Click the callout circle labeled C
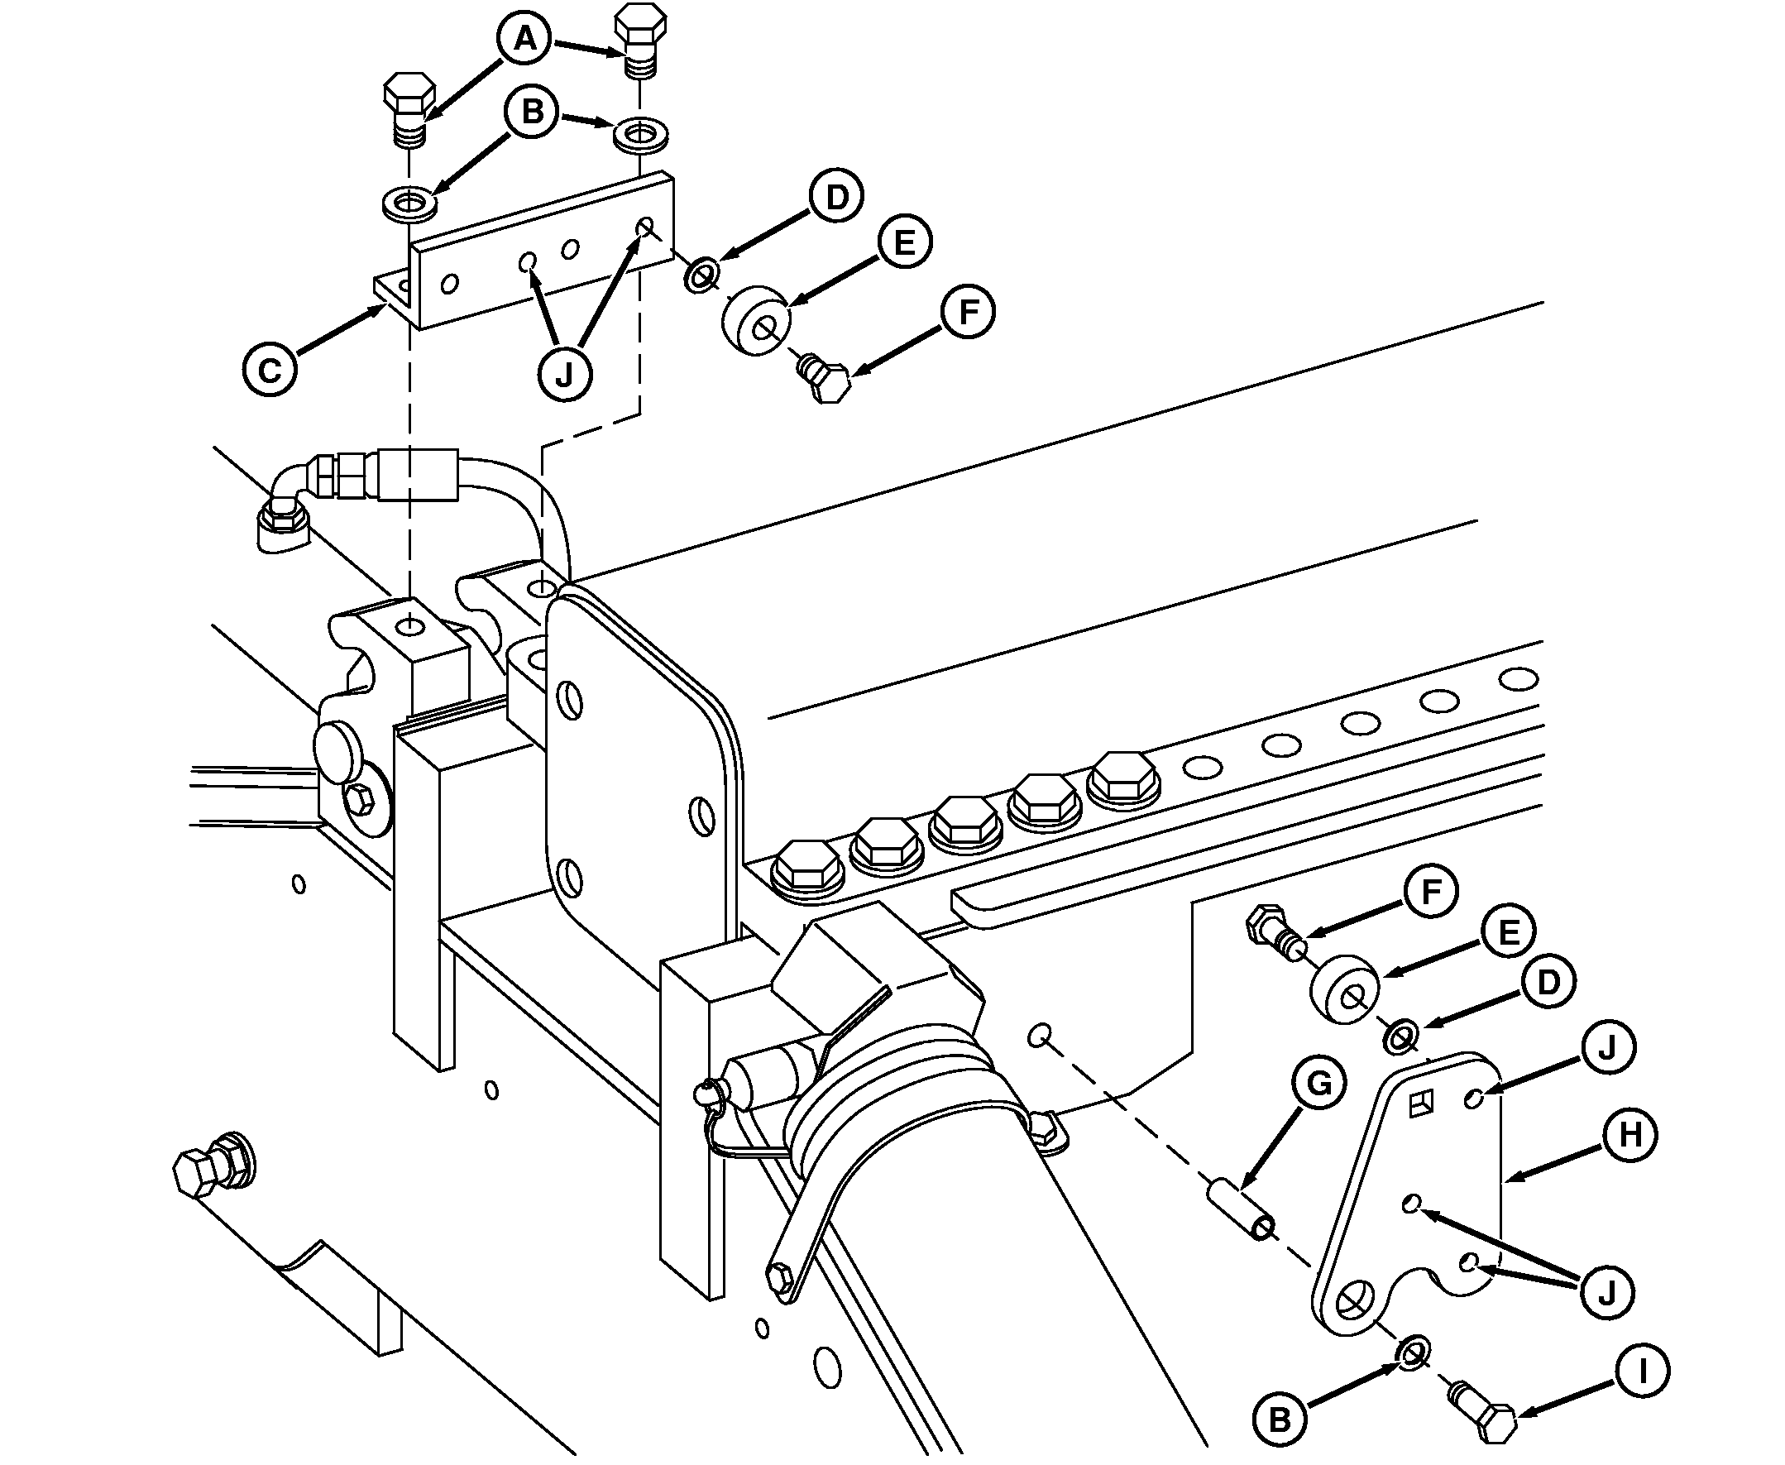click(x=269, y=369)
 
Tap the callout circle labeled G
click(x=1318, y=1083)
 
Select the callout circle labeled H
click(x=1629, y=1135)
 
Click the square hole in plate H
click(x=1422, y=1103)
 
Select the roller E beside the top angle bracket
click(x=756, y=321)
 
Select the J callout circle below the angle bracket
click(x=564, y=374)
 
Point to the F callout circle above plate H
click(x=1431, y=891)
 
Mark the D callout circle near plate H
click(x=1548, y=981)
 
